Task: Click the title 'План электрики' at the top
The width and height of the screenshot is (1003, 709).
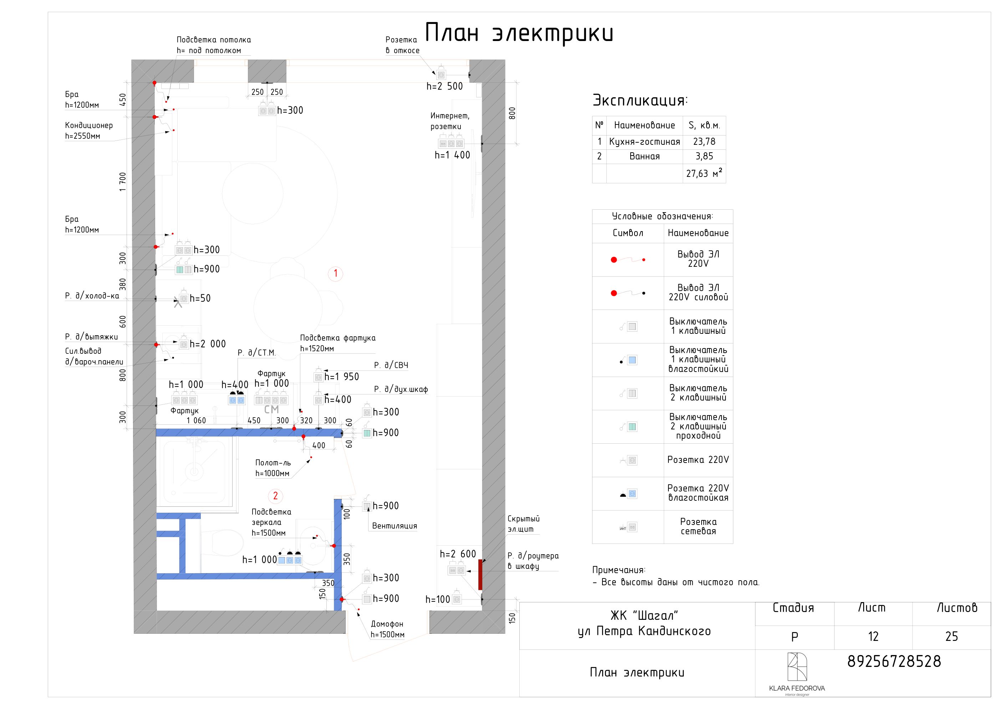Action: click(x=519, y=33)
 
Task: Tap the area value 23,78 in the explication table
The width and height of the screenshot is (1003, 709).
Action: click(x=704, y=142)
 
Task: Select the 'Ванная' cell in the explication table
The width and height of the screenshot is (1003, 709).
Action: click(x=644, y=157)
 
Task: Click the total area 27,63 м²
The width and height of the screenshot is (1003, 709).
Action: click(x=704, y=173)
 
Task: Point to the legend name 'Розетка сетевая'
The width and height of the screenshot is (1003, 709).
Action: click(x=698, y=526)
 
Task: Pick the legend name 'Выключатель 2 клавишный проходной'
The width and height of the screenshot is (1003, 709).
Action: click(x=698, y=426)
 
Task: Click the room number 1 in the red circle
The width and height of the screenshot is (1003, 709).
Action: click(x=336, y=274)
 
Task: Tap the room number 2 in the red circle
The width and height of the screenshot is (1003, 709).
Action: click(x=275, y=496)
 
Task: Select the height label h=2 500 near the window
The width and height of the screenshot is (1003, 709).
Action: click(x=444, y=87)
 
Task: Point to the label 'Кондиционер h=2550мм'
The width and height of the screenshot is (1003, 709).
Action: click(x=89, y=131)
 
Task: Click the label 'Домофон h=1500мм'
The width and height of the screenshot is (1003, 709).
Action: click(x=387, y=629)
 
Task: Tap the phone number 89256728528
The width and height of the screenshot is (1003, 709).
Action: click(x=894, y=661)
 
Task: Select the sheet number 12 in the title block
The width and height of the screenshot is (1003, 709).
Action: click(x=873, y=637)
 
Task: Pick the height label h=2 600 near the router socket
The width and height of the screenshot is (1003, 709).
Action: click(x=458, y=554)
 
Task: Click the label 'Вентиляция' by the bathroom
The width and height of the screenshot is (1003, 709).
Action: click(x=394, y=526)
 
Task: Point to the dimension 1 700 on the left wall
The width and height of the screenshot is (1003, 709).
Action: click(x=123, y=182)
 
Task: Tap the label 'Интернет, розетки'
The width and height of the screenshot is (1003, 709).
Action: click(x=450, y=121)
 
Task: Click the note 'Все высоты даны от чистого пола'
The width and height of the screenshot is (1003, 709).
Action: click(x=680, y=582)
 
